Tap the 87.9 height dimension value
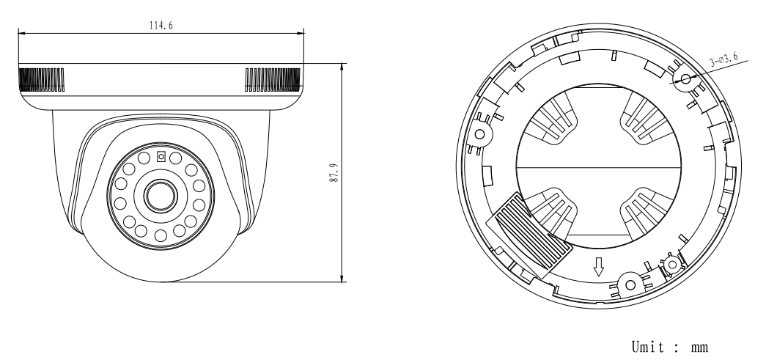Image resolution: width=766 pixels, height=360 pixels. tap(333, 173)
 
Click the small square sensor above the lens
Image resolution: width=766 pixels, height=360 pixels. tap(161, 155)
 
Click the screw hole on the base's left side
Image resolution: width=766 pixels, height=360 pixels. tap(481, 134)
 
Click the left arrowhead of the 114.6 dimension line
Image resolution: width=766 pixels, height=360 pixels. tap(21, 32)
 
